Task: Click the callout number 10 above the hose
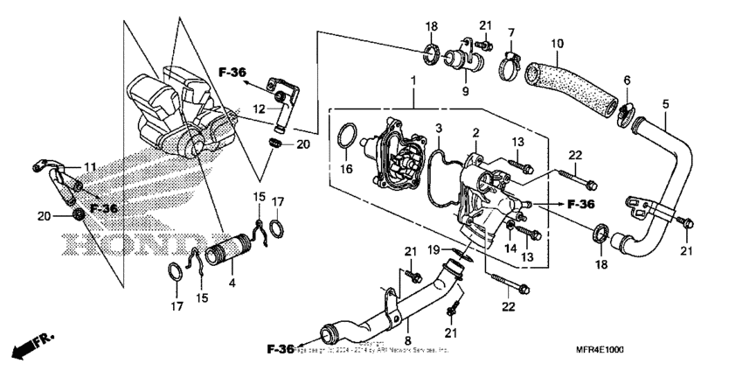557,43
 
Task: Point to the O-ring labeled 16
348,139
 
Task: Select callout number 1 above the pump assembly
413,80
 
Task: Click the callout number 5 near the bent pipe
666,104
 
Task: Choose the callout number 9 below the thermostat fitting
465,90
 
